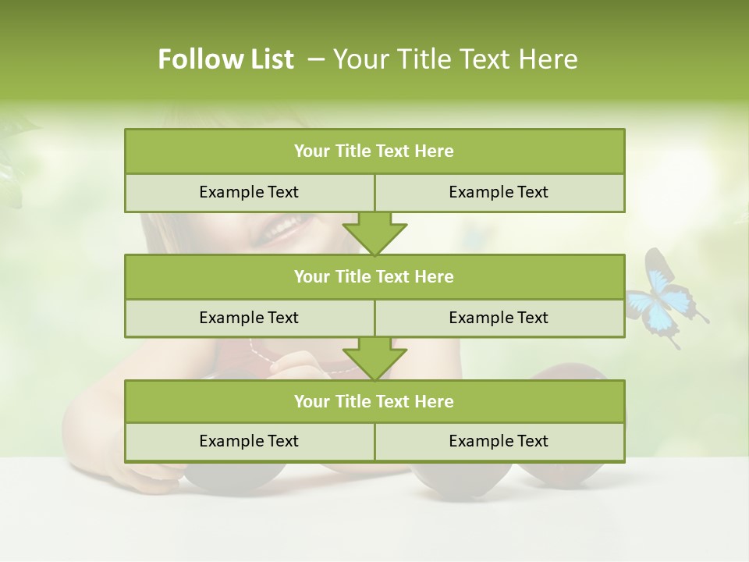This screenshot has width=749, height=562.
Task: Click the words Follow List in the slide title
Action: point(225,59)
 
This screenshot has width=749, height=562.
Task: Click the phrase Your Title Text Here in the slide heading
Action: point(455,59)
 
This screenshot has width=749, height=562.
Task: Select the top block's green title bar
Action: point(374,151)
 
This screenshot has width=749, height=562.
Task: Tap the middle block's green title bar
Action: point(374,276)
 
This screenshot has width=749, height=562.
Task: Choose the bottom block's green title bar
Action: point(374,401)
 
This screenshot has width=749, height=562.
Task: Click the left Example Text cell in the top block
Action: point(249,192)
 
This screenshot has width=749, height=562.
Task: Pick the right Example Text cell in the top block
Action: point(499,192)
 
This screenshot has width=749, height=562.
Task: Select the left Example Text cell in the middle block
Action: point(249,318)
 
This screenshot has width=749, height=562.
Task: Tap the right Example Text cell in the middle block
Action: point(499,318)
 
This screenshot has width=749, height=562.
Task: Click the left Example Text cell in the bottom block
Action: point(249,441)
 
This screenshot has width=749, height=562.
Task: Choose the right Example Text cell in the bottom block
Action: point(499,441)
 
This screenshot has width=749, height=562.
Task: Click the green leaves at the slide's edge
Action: point(11,156)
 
